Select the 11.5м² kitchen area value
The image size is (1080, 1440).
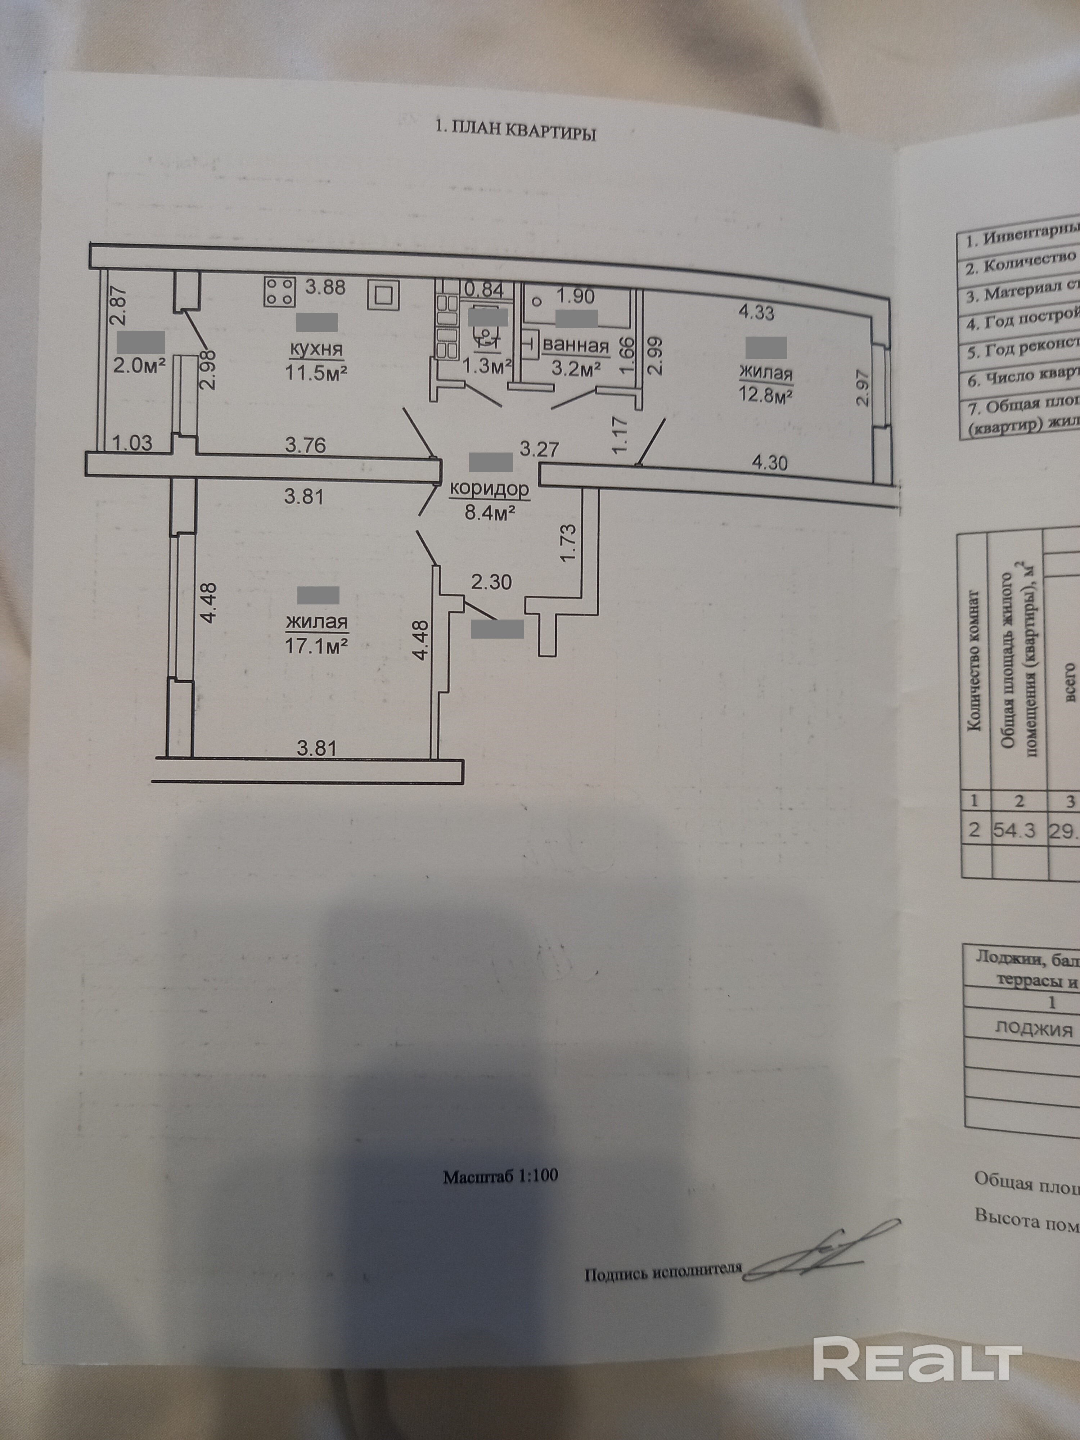tap(316, 373)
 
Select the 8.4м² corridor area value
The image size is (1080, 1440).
tap(490, 512)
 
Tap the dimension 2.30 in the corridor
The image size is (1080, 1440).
tap(491, 581)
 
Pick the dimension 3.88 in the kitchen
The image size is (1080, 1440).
tap(325, 287)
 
